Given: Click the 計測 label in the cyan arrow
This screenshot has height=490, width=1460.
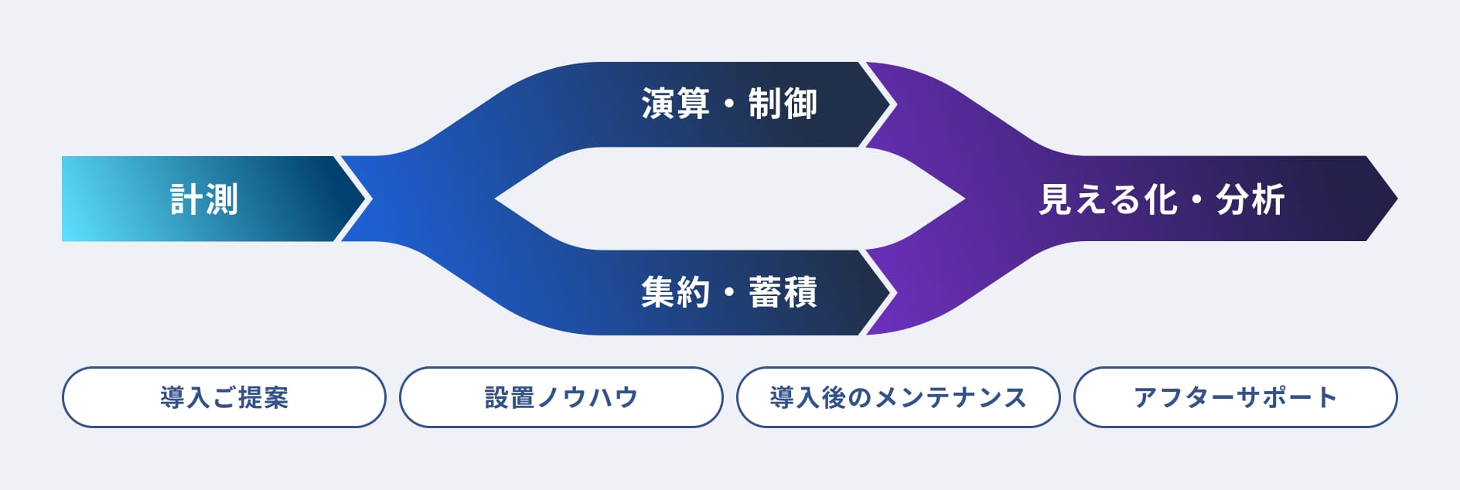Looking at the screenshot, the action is (x=204, y=199).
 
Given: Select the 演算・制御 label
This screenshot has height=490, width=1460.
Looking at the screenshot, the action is (x=729, y=104).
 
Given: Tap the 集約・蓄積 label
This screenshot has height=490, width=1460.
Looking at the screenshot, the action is (x=729, y=292).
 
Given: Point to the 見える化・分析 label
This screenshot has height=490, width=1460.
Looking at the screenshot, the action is (x=1162, y=199).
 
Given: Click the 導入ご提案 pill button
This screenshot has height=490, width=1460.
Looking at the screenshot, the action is (x=224, y=397).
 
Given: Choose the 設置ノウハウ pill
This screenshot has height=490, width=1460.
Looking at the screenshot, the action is (x=561, y=397).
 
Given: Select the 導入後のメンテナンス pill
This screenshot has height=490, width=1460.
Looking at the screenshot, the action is (x=899, y=397).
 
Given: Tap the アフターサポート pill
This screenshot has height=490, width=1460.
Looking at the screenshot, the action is (x=1236, y=397).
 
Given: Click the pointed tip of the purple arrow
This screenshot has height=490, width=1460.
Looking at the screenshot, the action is (x=1397, y=199).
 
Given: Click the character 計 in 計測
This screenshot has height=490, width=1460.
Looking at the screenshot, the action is (x=186, y=199).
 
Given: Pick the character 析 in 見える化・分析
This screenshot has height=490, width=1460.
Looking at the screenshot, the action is (x=1268, y=199).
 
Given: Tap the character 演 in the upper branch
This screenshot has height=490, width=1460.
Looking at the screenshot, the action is (x=658, y=104).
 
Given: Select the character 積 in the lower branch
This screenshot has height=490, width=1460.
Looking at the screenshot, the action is (x=800, y=292).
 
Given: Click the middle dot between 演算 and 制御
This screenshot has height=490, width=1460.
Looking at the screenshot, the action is (x=729, y=104).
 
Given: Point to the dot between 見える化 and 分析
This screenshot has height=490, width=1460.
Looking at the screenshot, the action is (x=1197, y=200).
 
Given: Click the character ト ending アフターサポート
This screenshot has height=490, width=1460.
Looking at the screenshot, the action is (x=1327, y=397).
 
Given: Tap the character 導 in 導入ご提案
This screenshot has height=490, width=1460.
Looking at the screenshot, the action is (x=172, y=397).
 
